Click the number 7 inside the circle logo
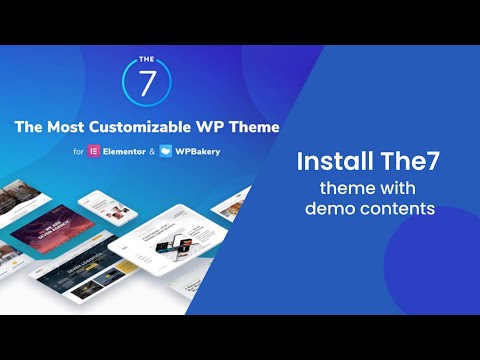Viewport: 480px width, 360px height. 146,87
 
